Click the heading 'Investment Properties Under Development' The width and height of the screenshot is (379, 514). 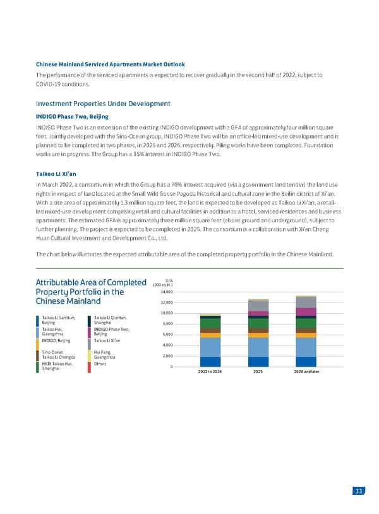click(x=103, y=103)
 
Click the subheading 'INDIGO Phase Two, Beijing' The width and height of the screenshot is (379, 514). click(x=73, y=116)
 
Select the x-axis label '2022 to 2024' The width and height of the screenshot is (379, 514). click(x=210, y=372)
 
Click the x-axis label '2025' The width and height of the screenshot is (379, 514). click(x=258, y=372)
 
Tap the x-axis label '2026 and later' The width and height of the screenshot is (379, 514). click(x=306, y=372)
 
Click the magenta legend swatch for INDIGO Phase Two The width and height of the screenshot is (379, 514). click(x=90, y=331)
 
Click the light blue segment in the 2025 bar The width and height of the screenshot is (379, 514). click(x=258, y=347)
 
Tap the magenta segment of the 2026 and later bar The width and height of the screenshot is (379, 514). click(x=306, y=311)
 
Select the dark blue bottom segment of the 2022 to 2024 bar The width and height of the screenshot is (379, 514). click(x=210, y=362)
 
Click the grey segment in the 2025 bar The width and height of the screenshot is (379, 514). click(x=258, y=306)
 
